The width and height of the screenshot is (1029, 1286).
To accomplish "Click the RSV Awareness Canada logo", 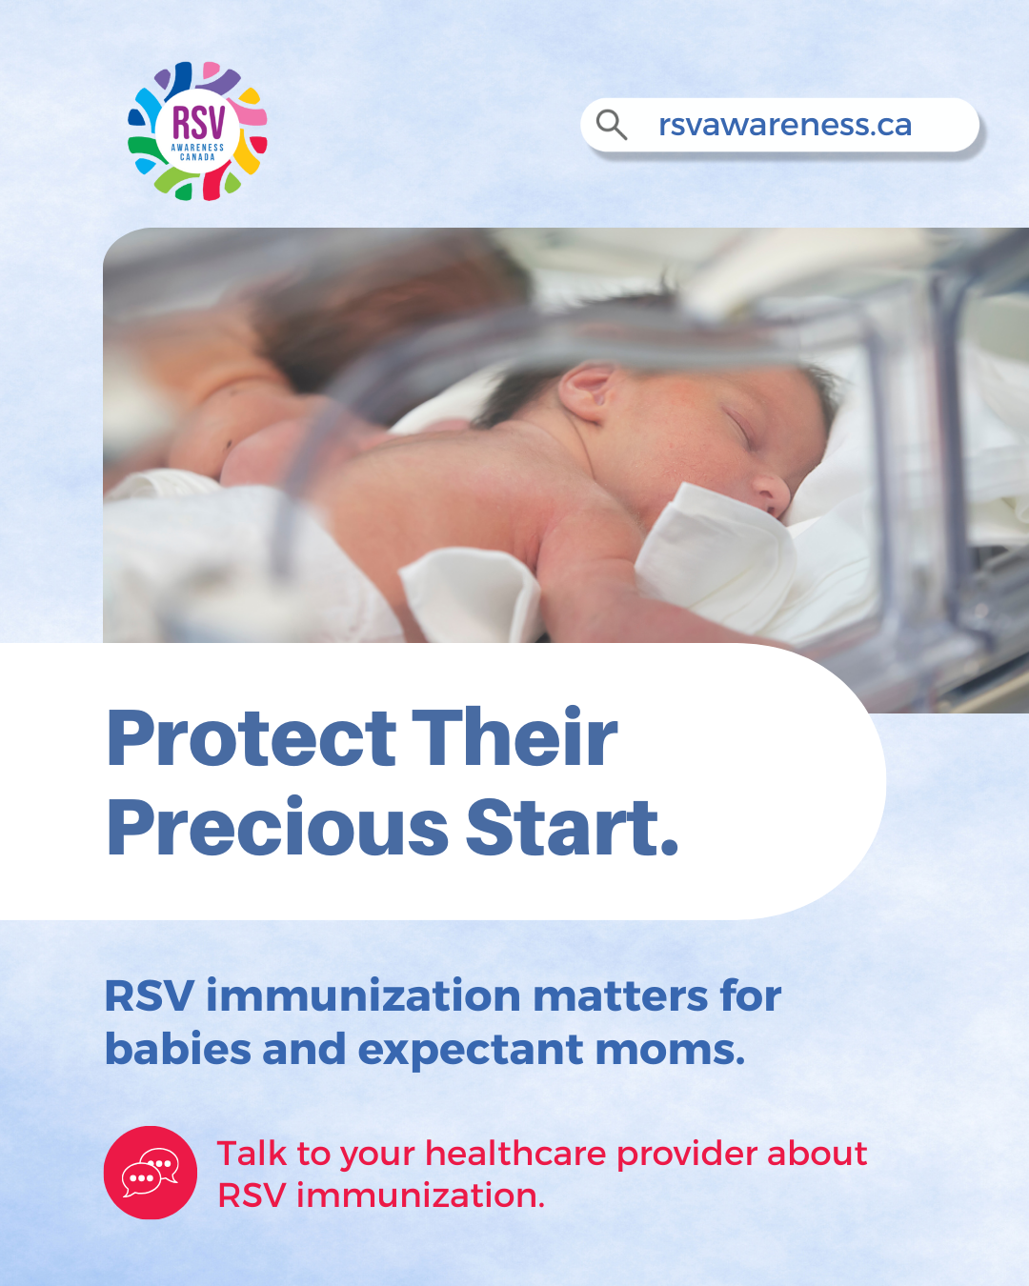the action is (x=197, y=131).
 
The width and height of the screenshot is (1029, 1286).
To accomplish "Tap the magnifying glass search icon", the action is (x=611, y=125).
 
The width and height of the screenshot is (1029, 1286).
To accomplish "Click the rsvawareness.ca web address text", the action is (x=785, y=125).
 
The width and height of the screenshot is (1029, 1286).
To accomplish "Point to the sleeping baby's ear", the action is (x=586, y=392).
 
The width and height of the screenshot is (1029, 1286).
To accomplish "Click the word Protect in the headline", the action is (x=252, y=737).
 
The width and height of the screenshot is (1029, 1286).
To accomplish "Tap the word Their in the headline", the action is (x=514, y=735).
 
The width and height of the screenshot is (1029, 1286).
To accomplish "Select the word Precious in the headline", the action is (x=277, y=827).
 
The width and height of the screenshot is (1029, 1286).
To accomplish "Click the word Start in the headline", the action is (x=564, y=828).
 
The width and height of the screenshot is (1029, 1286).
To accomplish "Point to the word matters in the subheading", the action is (x=620, y=996).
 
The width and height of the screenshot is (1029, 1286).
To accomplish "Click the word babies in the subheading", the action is (x=178, y=1050).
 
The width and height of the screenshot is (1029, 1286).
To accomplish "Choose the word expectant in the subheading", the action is (x=471, y=1052).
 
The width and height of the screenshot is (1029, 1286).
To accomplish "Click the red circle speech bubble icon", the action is (x=151, y=1173).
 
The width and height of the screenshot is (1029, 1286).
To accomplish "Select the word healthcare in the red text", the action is (x=515, y=1153).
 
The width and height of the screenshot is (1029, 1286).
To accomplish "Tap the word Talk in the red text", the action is (x=252, y=1153).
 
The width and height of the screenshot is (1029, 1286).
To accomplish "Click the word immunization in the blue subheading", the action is (x=364, y=996).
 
